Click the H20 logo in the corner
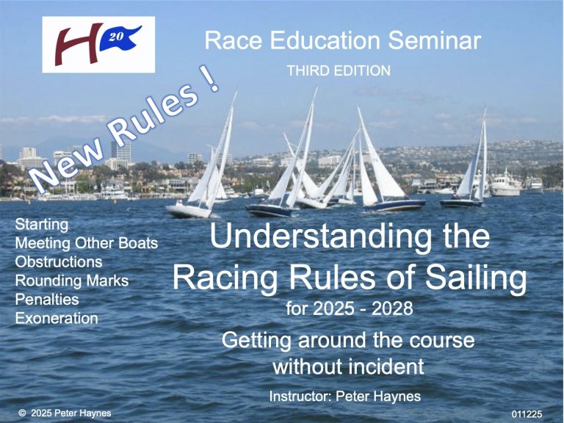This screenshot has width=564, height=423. point(98,44)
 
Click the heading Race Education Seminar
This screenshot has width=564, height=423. point(343,41)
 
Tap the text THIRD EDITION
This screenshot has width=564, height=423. point(339,71)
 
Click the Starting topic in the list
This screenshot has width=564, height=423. point(41,223)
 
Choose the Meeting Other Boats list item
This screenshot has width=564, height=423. point(87,242)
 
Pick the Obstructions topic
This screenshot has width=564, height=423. point(59,261)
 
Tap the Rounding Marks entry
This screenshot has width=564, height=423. point(72,281)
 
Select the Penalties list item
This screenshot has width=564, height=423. point(47,300)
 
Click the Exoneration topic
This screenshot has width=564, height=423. point(57,319)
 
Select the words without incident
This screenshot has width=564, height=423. point(348,364)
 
